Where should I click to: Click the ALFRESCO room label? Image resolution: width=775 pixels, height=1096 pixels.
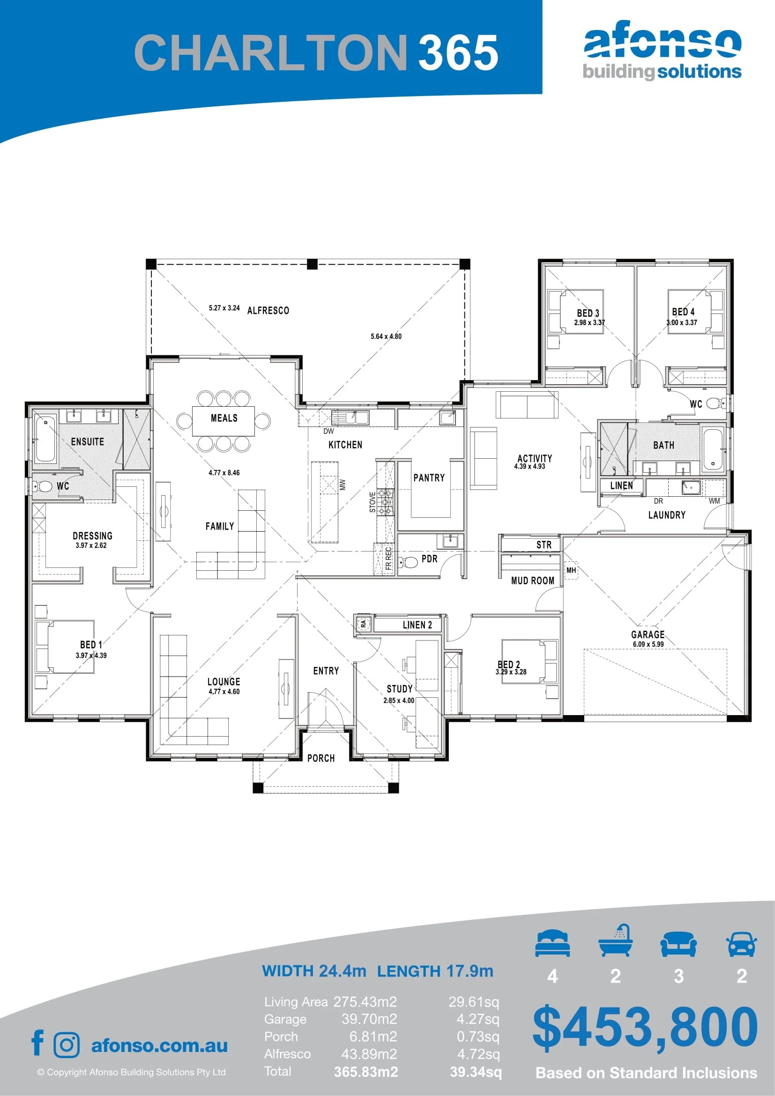coord(268,311)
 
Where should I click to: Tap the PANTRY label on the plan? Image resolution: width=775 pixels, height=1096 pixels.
coord(429,478)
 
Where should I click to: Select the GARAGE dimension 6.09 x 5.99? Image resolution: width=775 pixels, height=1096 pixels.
coord(648,644)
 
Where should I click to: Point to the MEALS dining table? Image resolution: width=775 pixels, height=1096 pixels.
coord(224,420)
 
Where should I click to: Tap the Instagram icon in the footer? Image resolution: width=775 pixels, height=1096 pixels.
coord(67,1045)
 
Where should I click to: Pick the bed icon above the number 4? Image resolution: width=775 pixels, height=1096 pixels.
coord(552,943)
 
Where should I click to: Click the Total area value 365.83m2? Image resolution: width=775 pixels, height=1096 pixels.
coord(366,1072)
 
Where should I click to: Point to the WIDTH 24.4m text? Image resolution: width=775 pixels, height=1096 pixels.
coord(314,971)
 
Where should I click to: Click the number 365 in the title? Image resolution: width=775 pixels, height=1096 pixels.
coord(459,52)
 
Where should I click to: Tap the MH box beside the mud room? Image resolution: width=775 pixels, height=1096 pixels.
coord(571,570)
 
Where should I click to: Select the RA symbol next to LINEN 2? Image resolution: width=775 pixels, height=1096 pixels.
coord(363,623)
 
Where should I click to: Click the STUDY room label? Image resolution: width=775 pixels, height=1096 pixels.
coord(399,689)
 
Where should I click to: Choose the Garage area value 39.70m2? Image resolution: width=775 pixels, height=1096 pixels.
coord(369,1019)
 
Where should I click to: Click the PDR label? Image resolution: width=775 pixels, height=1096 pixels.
coord(430,559)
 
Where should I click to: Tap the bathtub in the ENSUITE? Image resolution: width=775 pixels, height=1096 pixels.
coord(45,438)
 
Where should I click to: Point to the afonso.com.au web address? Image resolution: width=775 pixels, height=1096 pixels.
coord(159,1045)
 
